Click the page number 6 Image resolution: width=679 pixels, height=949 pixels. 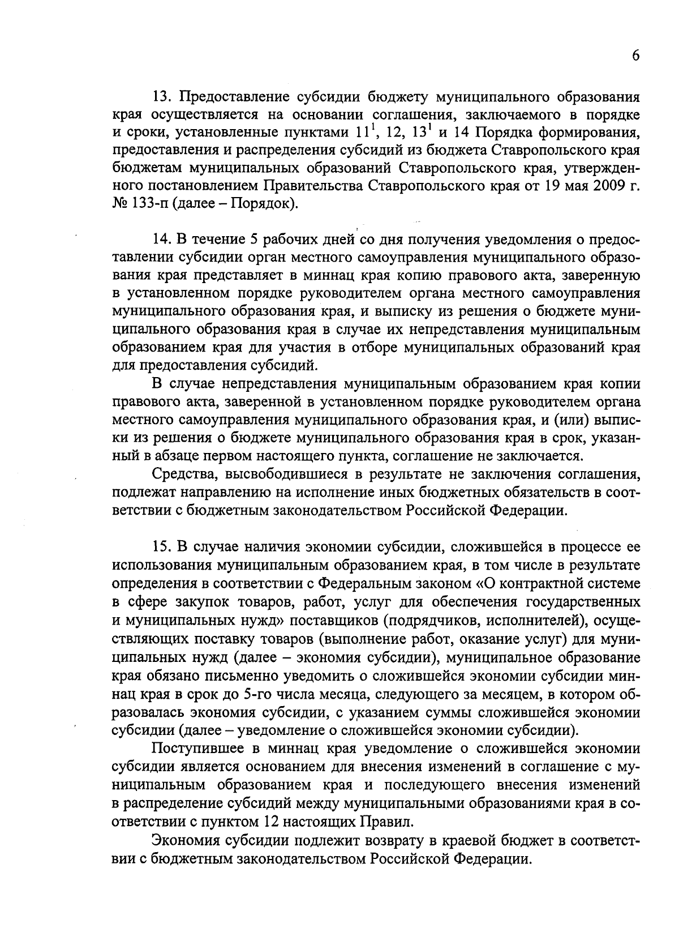(635, 56)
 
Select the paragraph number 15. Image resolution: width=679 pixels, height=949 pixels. (162, 548)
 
